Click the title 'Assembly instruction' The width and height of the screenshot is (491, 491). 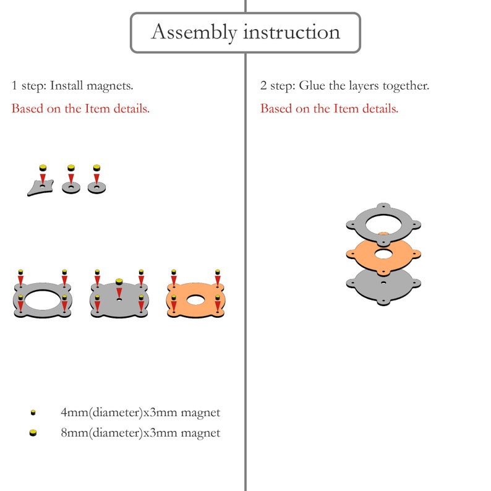[246, 32]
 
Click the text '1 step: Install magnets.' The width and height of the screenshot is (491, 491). [72, 85]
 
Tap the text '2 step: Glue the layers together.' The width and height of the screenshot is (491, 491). [344, 85]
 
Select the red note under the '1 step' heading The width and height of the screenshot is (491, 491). [80, 109]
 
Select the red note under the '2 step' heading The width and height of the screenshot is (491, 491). [329, 109]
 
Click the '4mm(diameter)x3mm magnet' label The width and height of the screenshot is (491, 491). [140, 412]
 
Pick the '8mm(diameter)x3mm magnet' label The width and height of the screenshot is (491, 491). [140, 433]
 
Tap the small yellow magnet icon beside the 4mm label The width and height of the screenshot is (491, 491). [33, 412]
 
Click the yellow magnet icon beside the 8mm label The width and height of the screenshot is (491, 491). [33, 433]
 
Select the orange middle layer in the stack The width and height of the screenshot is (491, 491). [363, 254]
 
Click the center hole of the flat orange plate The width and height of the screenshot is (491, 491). [195, 300]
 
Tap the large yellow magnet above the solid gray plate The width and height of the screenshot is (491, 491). [119, 282]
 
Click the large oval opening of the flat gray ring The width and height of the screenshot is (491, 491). [42, 300]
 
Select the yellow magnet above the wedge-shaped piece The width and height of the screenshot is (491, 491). [43, 168]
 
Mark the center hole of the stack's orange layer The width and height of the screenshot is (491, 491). [383, 254]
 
